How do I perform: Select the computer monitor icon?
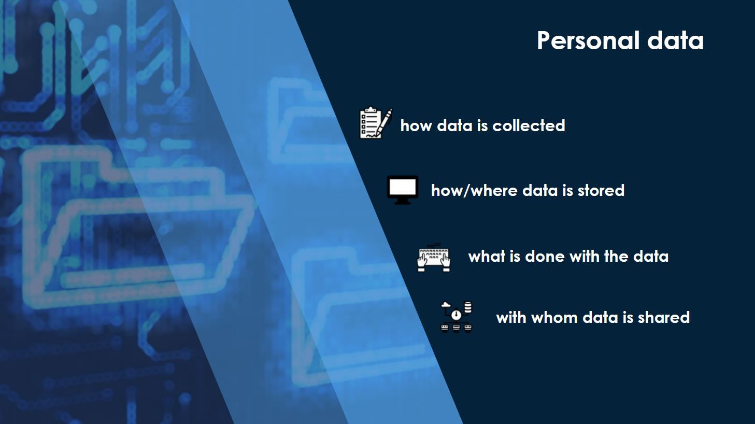click(x=403, y=190)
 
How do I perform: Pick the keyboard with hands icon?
click(x=434, y=258)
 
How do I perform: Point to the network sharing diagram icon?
click(x=457, y=317)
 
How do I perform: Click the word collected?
click(x=529, y=126)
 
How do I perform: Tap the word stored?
click(x=601, y=190)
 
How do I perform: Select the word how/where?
click(x=474, y=190)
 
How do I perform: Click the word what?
click(x=487, y=257)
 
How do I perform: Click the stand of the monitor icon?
click(x=403, y=202)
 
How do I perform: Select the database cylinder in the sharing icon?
click(x=468, y=307)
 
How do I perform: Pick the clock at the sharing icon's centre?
click(x=456, y=315)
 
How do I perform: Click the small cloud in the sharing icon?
click(x=446, y=305)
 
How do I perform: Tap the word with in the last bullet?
click(x=511, y=318)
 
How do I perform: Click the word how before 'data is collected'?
click(x=416, y=126)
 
